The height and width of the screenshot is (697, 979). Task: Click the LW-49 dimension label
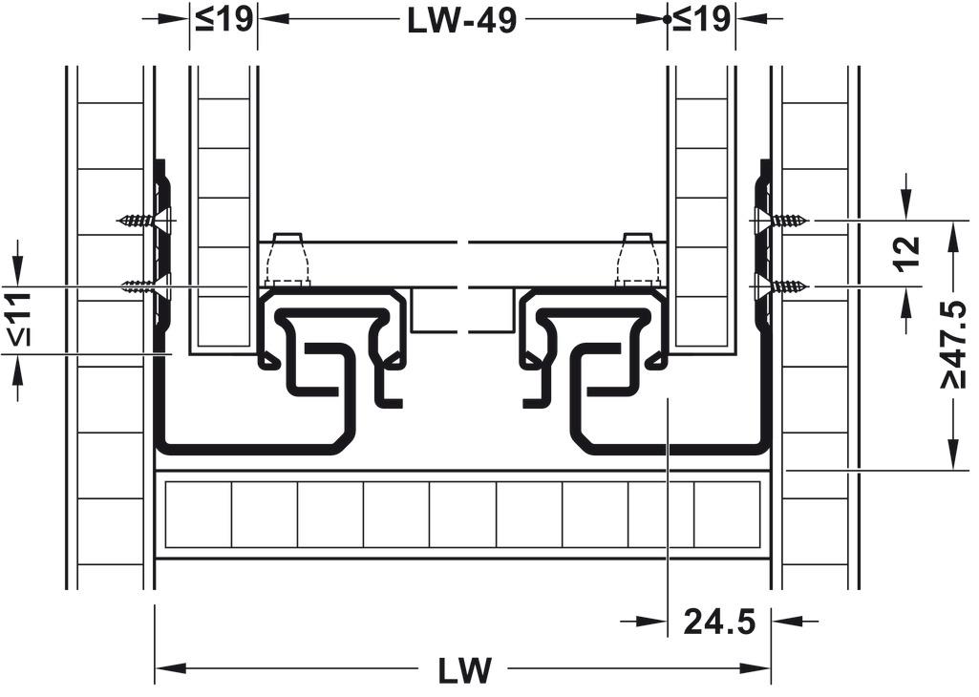[x=462, y=21]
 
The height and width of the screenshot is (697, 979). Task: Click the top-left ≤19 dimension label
[x=223, y=19]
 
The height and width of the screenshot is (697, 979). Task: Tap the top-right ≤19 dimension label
[x=702, y=19]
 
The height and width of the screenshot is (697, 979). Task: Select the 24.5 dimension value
[x=719, y=622]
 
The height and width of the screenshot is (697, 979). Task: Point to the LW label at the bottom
[x=464, y=671]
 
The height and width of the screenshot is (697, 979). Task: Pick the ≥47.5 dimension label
[x=953, y=343]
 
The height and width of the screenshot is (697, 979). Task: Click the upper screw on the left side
[x=143, y=220]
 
